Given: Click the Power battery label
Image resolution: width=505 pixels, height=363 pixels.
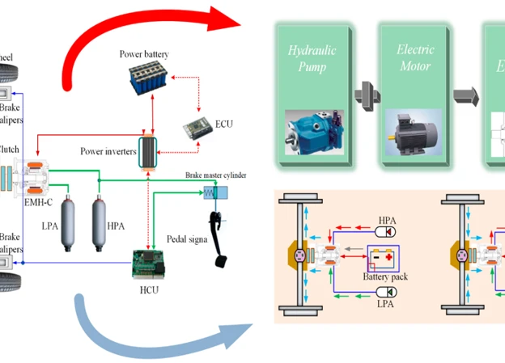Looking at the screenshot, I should pyautogui.click(x=144, y=53).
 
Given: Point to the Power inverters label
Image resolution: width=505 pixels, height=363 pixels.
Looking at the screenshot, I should pyautogui.click(x=108, y=151).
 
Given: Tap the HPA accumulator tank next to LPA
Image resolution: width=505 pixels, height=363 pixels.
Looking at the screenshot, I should pyautogui.click(x=100, y=217).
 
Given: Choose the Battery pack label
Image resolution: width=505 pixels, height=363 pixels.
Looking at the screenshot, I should pyautogui.click(x=385, y=276).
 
